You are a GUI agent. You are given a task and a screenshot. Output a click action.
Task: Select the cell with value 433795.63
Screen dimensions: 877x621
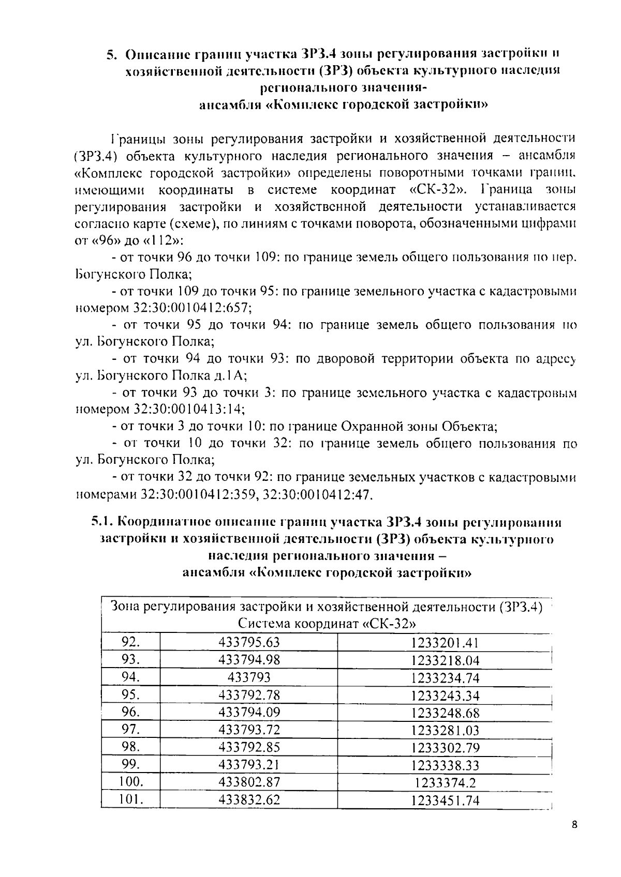tap(249, 642)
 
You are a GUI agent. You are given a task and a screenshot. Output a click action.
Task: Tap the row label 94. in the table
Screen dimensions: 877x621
tap(130, 677)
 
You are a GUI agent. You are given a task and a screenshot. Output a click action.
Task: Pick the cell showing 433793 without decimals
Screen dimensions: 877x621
tap(249, 677)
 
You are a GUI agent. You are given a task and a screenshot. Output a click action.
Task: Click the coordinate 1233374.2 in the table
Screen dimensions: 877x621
tap(445, 783)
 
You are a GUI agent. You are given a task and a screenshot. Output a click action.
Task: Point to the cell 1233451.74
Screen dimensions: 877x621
tap(445, 800)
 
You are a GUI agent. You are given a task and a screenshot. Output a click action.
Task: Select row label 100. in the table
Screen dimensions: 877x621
tap(130, 782)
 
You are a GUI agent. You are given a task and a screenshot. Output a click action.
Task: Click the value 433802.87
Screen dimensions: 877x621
tap(249, 782)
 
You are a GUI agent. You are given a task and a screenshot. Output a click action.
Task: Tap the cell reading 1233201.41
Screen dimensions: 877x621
tap(445, 643)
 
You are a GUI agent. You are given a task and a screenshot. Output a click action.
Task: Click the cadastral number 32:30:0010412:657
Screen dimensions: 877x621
tap(192, 308)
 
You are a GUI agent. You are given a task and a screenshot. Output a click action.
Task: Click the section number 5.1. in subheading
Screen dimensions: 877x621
tap(105, 522)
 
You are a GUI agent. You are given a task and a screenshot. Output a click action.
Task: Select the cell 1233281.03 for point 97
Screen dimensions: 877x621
tap(445, 730)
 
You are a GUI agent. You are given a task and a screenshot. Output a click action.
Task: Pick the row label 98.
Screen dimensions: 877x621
tap(130, 747)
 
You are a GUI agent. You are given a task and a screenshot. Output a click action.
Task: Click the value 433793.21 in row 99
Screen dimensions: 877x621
tap(249, 765)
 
